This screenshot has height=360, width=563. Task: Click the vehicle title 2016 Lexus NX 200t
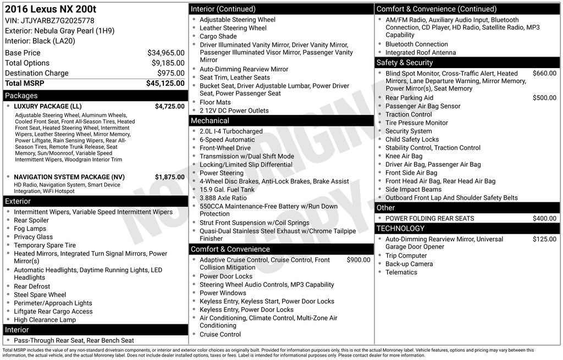(x=50, y=9)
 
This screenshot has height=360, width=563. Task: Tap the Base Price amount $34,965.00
(x=165, y=53)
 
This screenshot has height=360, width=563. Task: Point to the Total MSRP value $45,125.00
(x=165, y=83)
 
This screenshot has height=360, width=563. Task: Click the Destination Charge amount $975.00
(x=170, y=73)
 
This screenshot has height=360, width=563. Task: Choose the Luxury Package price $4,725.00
(x=169, y=106)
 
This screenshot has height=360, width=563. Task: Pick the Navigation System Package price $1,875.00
(x=169, y=177)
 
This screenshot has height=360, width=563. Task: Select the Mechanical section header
(x=209, y=121)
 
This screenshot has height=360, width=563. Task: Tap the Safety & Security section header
(x=405, y=63)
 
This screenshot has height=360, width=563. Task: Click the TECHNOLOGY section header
(x=400, y=229)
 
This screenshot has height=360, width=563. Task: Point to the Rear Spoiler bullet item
(x=31, y=220)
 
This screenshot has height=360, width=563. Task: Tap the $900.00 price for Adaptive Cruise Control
(x=358, y=260)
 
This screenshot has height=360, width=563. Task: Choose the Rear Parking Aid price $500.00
(x=544, y=98)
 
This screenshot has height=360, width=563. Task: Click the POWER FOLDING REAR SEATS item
(x=429, y=218)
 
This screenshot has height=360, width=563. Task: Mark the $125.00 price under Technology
(x=544, y=239)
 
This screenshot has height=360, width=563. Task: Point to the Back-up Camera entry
(x=409, y=264)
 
